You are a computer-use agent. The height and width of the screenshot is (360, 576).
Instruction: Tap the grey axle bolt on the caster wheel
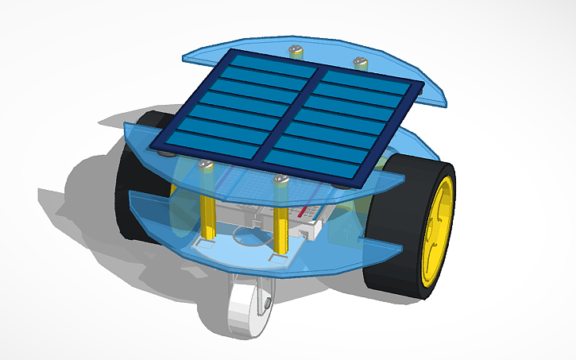[x=268, y=303]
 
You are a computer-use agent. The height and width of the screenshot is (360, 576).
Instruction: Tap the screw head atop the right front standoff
[x=280, y=180]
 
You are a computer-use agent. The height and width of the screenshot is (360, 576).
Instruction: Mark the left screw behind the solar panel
[x=298, y=51]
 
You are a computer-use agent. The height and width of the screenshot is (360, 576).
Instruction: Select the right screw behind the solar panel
[x=359, y=60]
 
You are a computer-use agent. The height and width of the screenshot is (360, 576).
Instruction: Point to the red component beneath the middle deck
[x=306, y=213]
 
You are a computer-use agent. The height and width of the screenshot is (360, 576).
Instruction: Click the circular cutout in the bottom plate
[x=238, y=234]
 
